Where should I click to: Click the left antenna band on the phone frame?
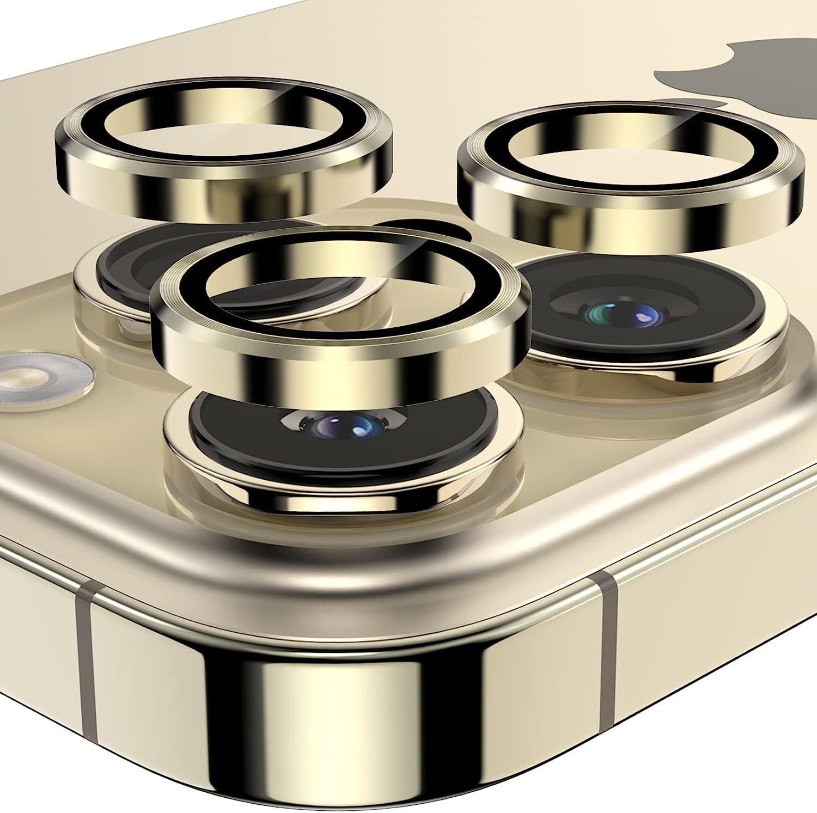click(x=84, y=681)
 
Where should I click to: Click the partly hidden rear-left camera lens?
click(x=136, y=256)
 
